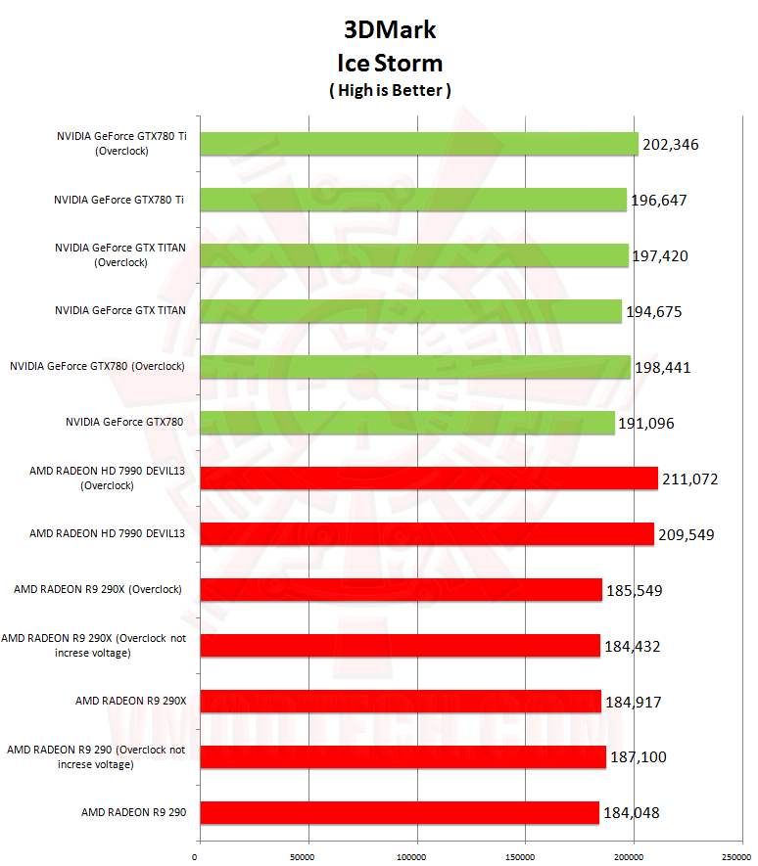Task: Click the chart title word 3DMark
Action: [390, 29]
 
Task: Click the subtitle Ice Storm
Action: [390, 63]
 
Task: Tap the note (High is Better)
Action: [390, 90]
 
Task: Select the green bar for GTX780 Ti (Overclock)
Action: [419, 144]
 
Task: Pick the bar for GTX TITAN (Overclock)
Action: [414, 255]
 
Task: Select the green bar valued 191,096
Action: [407, 423]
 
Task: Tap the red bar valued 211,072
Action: [429, 478]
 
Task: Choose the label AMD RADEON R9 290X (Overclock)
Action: [99, 589]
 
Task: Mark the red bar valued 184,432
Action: [400, 645]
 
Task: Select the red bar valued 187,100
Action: [403, 756]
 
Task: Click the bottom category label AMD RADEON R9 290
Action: [133, 812]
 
